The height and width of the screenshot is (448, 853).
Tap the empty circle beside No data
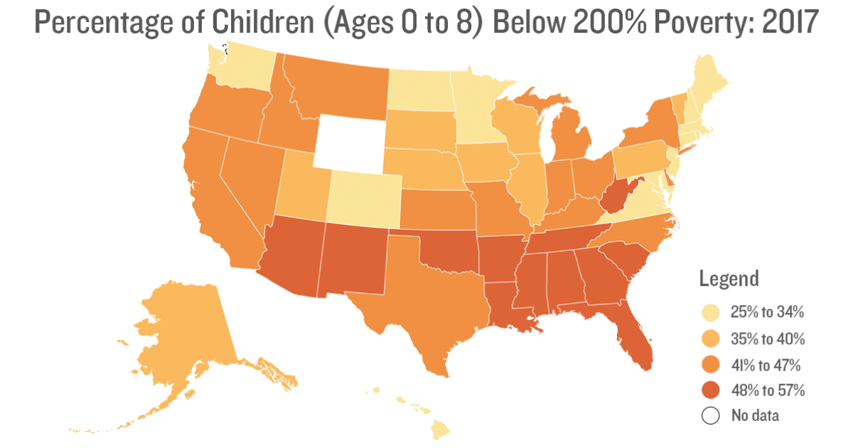(709, 415)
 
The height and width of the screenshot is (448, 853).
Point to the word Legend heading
(729, 278)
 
